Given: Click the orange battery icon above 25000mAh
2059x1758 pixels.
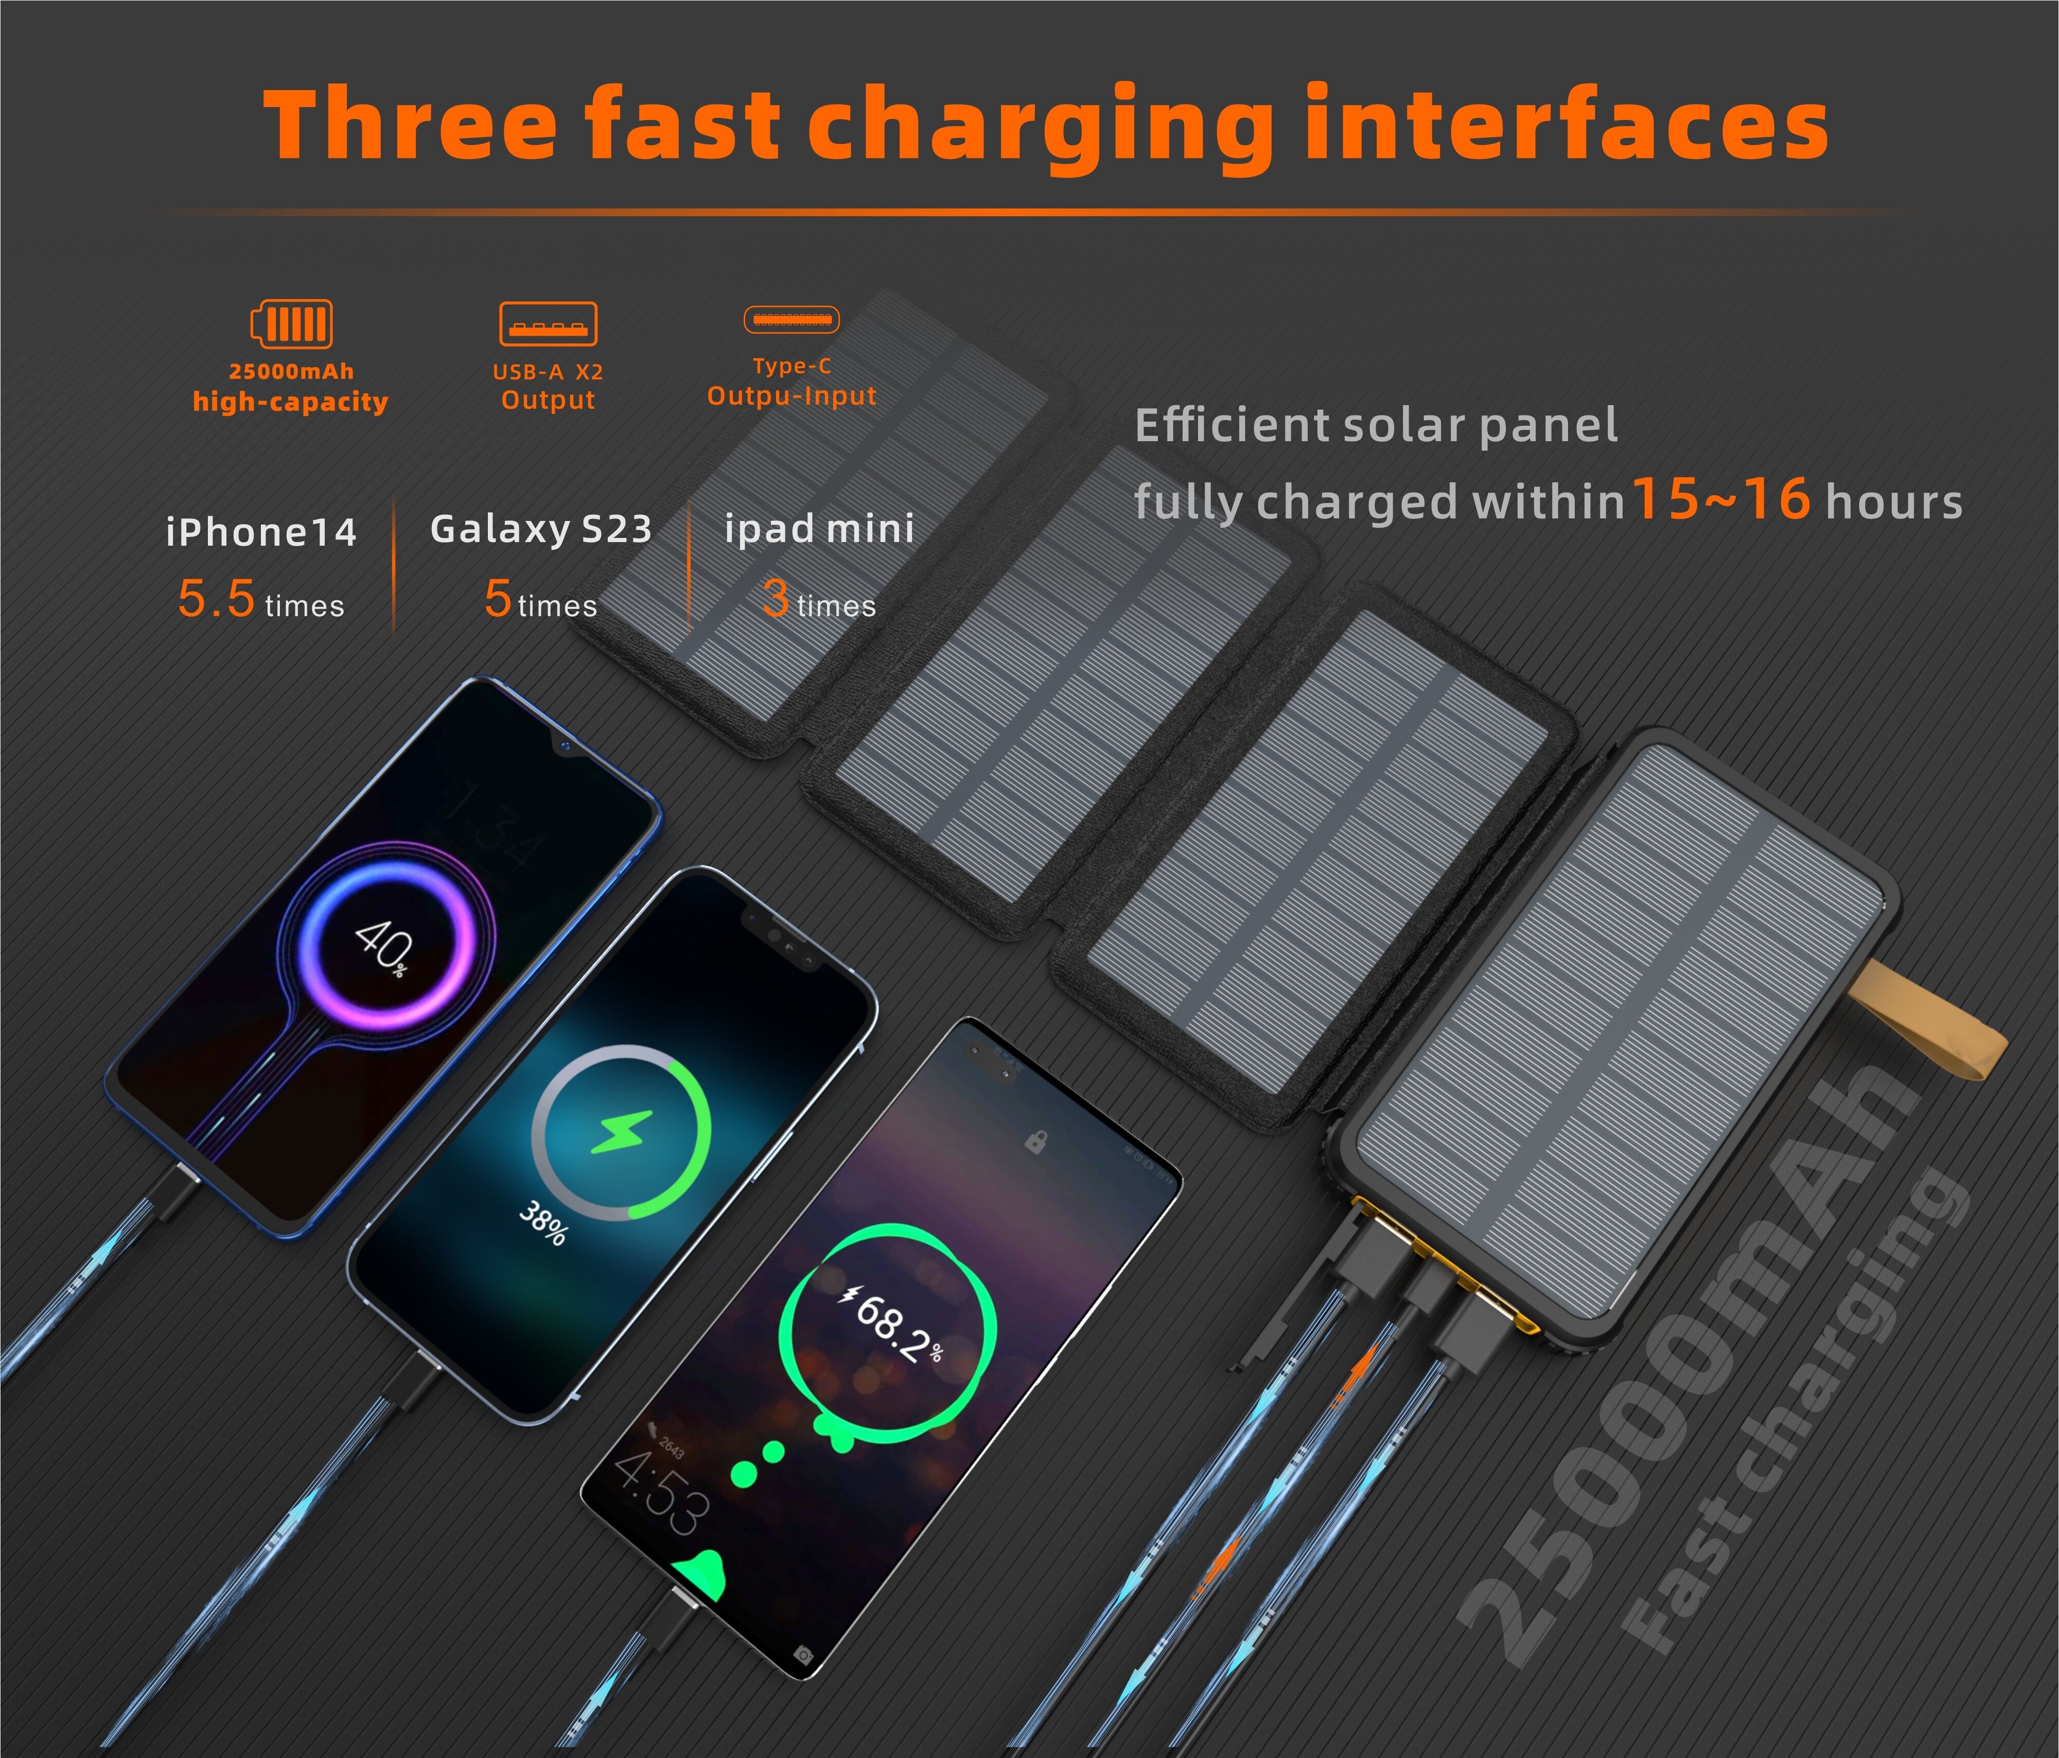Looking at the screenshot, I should point(291,324).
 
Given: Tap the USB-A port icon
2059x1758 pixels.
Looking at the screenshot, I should point(548,324).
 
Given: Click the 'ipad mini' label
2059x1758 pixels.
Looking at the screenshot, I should point(819,529).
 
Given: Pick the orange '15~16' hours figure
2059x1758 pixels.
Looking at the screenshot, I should point(1721,499).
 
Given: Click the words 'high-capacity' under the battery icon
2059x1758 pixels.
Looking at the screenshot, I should point(290,402).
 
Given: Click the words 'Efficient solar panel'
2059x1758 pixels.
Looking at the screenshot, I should point(1376,425).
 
